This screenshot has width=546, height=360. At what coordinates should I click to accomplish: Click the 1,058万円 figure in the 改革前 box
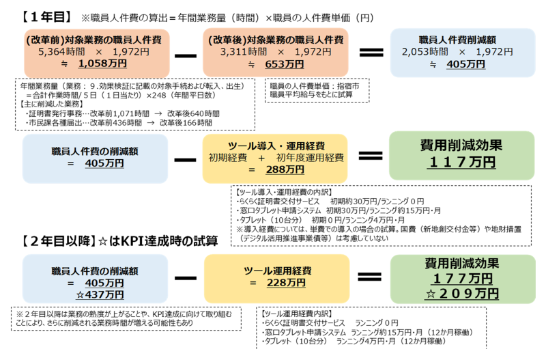[x=102, y=64]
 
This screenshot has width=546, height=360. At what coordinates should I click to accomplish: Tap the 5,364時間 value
[x=59, y=52]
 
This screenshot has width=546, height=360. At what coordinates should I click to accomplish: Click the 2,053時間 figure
[x=425, y=52]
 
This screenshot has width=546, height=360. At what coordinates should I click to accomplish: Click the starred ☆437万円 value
[x=100, y=294]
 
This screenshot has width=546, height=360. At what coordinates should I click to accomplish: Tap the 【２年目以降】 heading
[x=62, y=240]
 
